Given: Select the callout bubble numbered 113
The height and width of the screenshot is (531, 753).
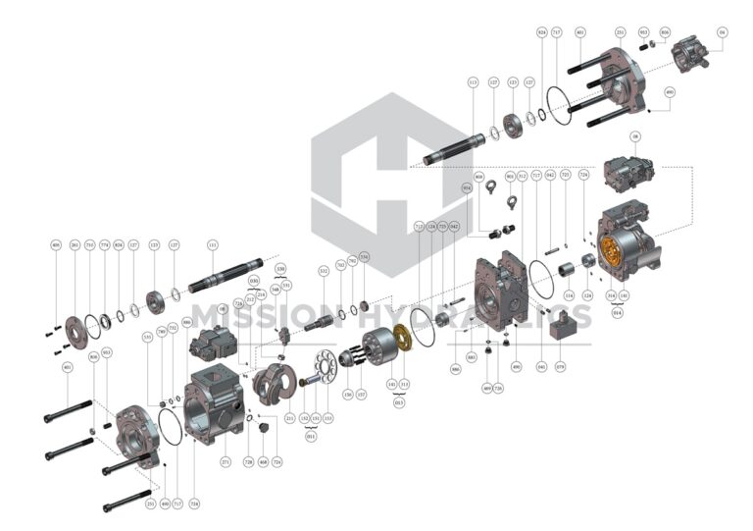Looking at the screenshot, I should pyautogui.click(x=473, y=84).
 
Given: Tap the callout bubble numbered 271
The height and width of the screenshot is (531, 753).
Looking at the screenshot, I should pyautogui.click(x=226, y=461).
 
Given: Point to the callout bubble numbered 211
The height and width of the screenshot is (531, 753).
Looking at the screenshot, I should pyautogui.click(x=290, y=418).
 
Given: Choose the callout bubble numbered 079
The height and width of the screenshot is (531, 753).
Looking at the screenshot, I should pyautogui.click(x=561, y=369).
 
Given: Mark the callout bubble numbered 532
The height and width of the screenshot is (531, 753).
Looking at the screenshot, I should pyautogui.click(x=323, y=270).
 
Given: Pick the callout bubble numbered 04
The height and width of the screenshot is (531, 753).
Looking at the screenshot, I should pyautogui.click(x=722, y=32).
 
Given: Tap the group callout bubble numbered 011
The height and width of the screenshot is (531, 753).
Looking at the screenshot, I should pyautogui.click(x=311, y=437).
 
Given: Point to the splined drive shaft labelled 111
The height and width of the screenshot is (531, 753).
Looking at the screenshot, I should pyautogui.click(x=226, y=276).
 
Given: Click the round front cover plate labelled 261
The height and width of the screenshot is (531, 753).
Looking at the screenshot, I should pyautogui.click(x=75, y=325).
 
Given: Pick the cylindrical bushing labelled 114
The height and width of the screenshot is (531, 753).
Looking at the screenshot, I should pyautogui.click(x=565, y=268).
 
